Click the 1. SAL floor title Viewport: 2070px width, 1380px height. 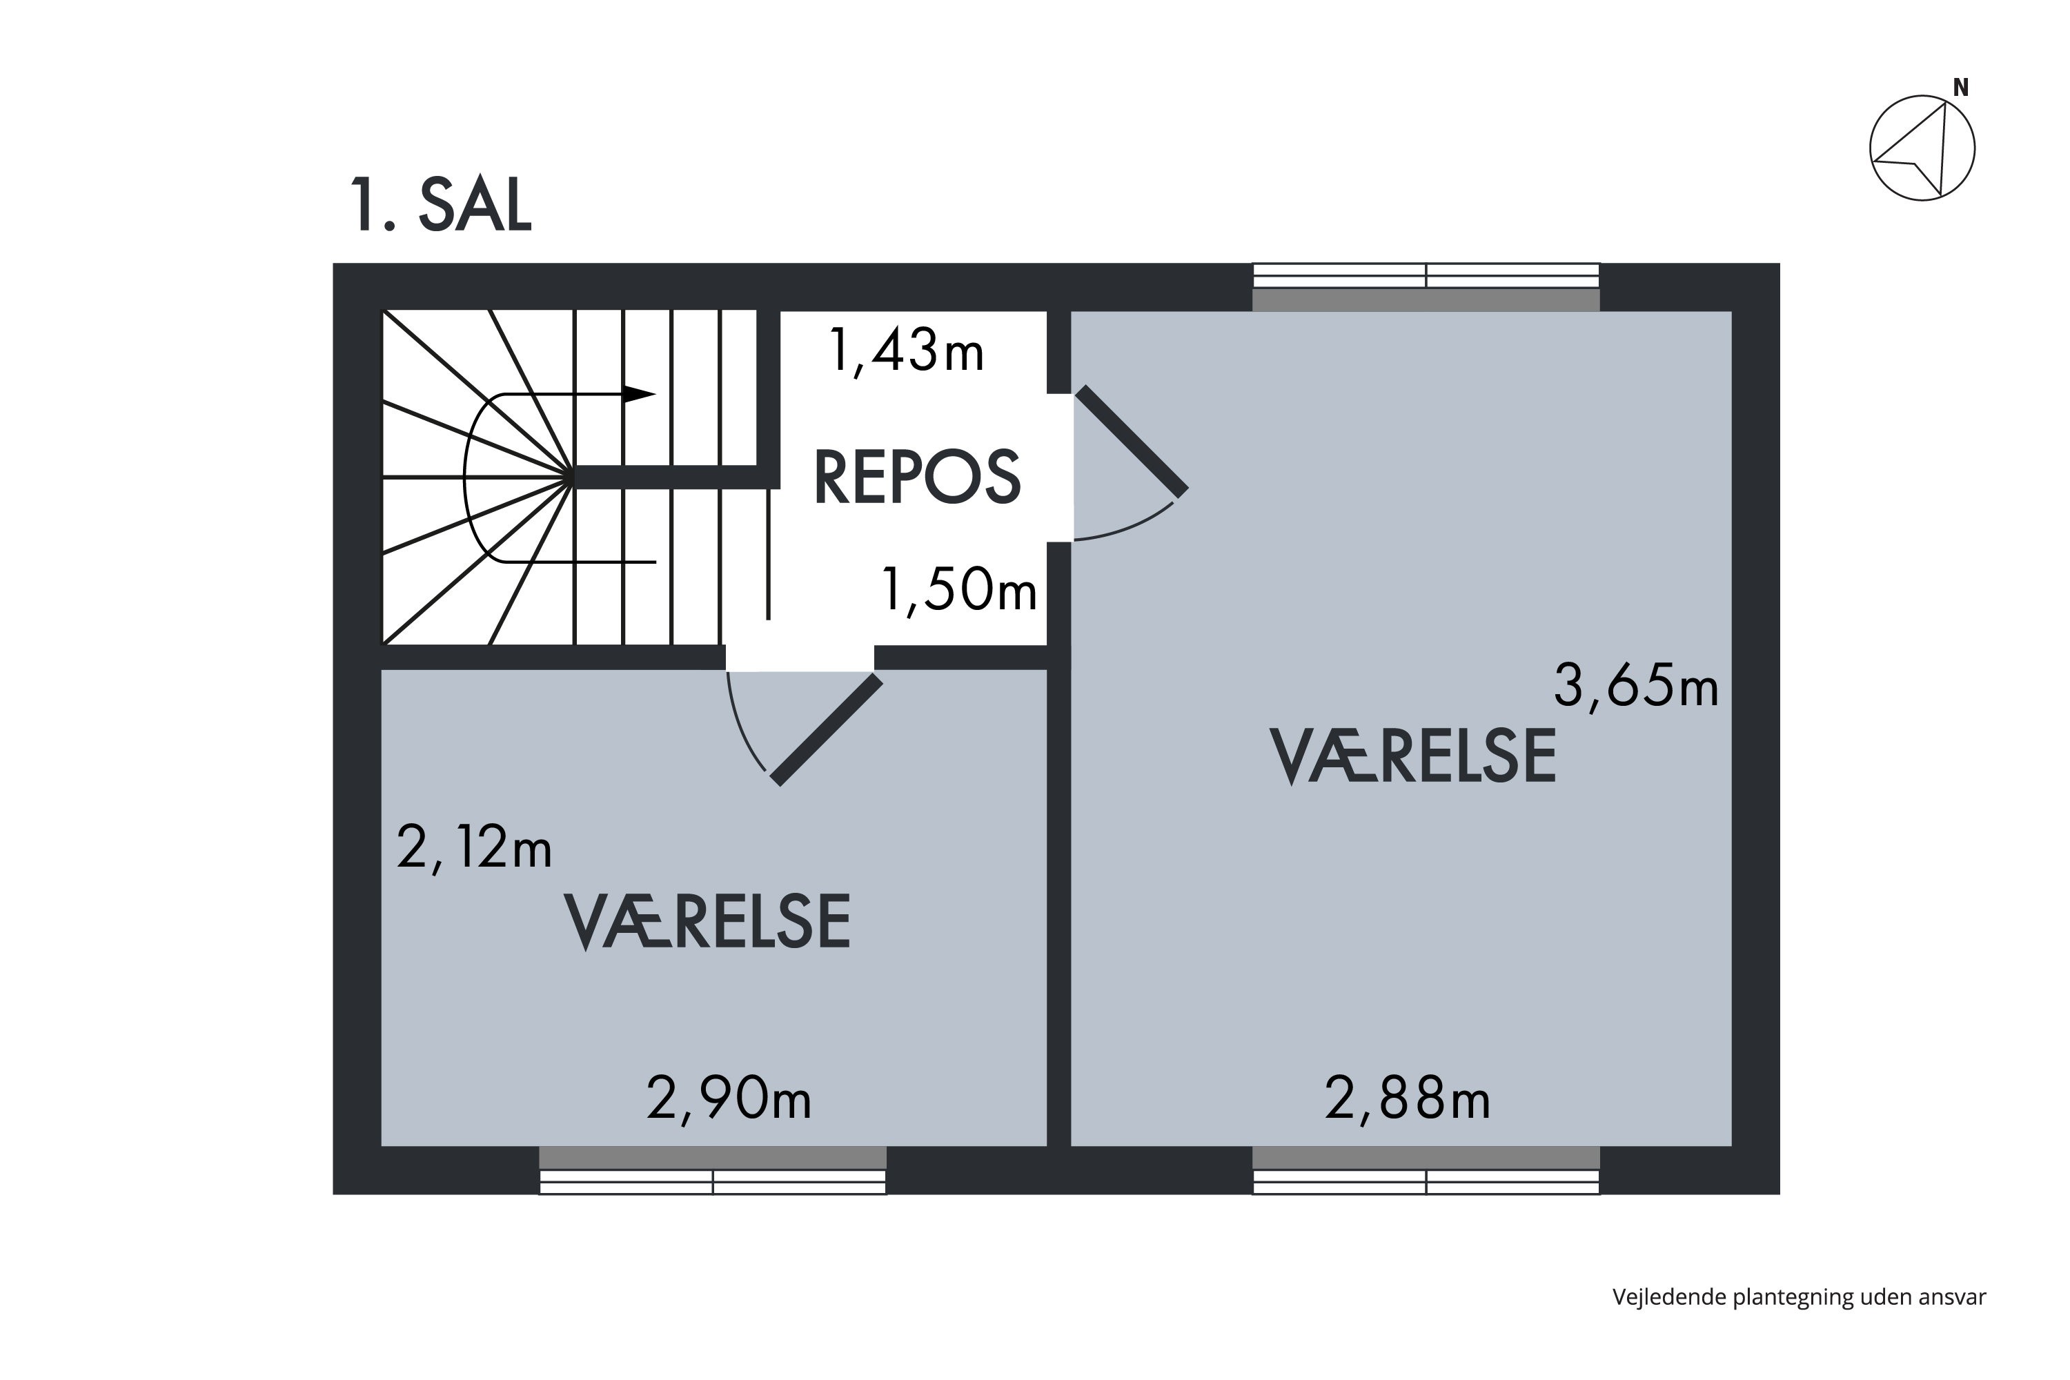coord(441,205)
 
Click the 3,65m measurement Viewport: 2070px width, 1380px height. coord(1635,686)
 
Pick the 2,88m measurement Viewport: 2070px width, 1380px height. coord(1408,1099)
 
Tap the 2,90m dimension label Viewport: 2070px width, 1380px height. coord(729,1099)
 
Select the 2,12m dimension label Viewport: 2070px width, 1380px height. coord(475,847)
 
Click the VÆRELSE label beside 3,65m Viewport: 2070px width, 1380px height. coord(1412,755)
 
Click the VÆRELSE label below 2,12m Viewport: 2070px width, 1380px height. coord(707,921)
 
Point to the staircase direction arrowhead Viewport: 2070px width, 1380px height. coord(640,393)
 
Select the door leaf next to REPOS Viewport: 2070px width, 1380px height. coord(1132,440)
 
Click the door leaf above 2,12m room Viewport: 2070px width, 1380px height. coord(827,729)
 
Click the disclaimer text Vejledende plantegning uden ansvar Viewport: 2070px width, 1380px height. coord(1799,1297)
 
